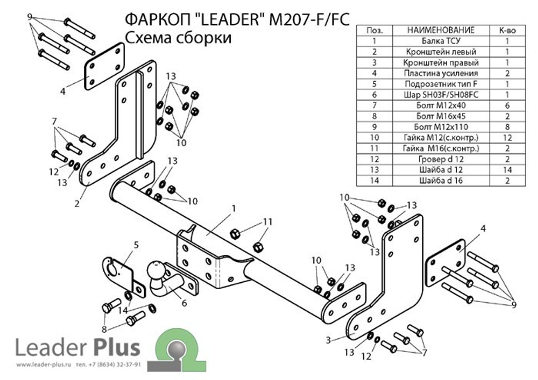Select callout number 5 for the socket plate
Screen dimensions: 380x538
tap(136, 245)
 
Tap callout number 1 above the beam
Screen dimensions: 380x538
tap(234, 207)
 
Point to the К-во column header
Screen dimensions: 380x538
tap(507, 30)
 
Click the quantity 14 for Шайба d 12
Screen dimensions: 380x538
tap(507, 170)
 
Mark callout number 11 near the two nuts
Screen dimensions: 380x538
tap(268, 222)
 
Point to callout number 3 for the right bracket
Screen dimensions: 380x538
tap(327, 340)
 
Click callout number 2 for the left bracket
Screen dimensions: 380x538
tap(77, 203)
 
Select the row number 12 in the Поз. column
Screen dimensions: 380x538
tap(374, 159)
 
